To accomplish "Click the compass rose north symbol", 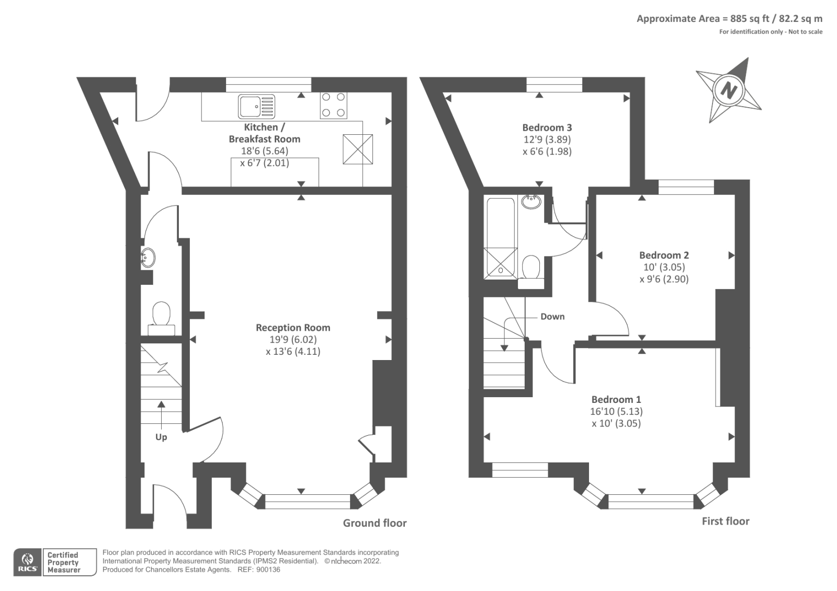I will pyautogui.click(x=728, y=90).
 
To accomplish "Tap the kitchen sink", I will pyautogui.click(x=256, y=107).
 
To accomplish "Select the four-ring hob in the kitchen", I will pyautogui.click(x=333, y=105).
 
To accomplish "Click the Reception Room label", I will pyautogui.click(x=293, y=328).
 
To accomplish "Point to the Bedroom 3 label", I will pyautogui.click(x=547, y=128).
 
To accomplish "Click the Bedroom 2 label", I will pyautogui.click(x=664, y=255).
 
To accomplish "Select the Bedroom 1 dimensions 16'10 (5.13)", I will pyautogui.click(x=616, y=411).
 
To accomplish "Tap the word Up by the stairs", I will pyautogui.click(x=161, y=437).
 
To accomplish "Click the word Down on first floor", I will pyautogui.click(x=552, y=317).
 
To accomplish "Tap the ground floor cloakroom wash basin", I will pyautogui.click(x=148, y=257).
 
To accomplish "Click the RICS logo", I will pyautogui.click(x=27, y=562).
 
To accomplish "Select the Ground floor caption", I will pyautogui.click(x=375, y=523).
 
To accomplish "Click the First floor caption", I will pyautogui.click(x=725, y=521).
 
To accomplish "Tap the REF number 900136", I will pyautogui.click(x=268, y=570).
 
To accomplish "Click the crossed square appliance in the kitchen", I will pyautogui.click(x=358, y=149).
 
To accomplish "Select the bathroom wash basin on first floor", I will pyautogui.click(x=531, y=201).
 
